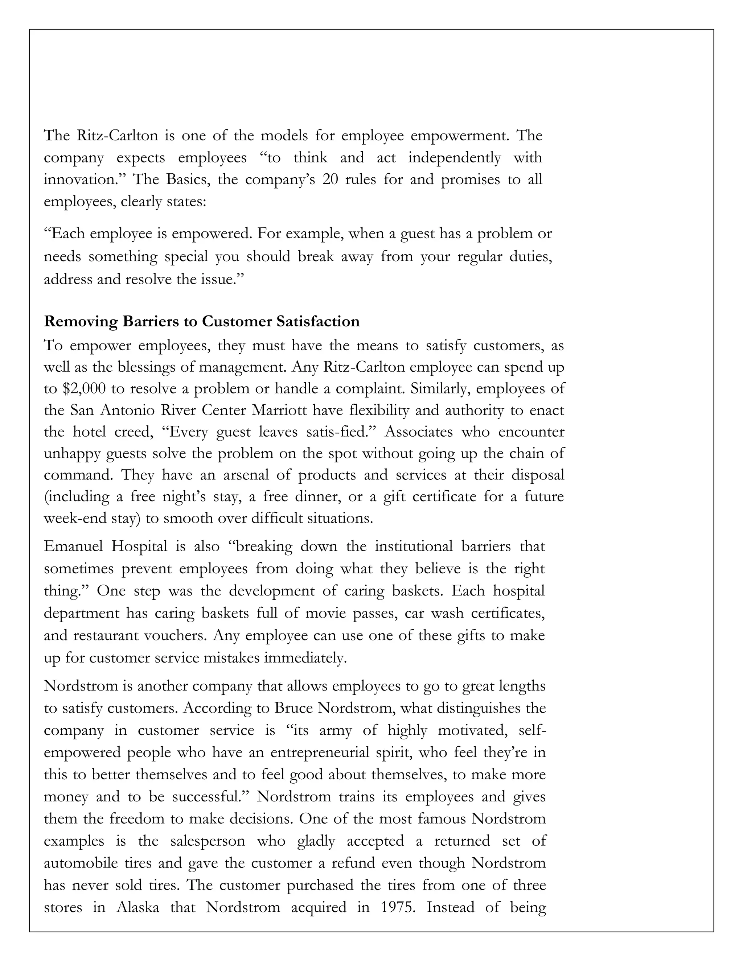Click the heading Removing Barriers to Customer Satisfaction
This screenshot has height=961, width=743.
[x=202, y=322]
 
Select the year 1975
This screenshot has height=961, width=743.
[x=396, y=907]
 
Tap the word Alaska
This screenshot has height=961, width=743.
[x=137, y=907]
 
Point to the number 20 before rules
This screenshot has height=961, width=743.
[x=330, y=180]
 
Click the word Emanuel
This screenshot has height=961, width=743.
[x=73, y=547]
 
